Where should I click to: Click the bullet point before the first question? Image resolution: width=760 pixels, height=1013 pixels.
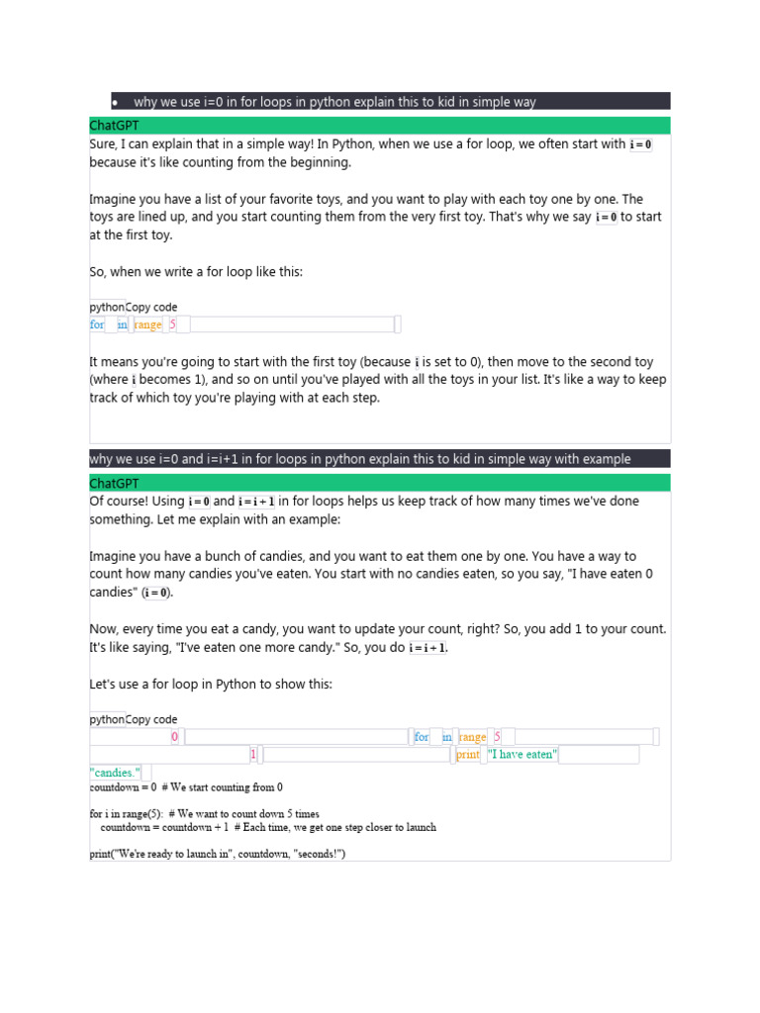[x=116, y=102]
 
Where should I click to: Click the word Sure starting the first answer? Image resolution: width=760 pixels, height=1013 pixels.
[x=103, y=144]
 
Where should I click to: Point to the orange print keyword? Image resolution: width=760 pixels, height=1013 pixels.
[x=468, y=755]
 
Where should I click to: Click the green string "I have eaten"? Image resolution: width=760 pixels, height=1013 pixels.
[x=522, y=755]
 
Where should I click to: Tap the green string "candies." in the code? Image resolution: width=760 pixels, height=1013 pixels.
[x=115, y=773]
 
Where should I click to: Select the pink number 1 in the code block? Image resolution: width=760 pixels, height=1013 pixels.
[x=253, y=755]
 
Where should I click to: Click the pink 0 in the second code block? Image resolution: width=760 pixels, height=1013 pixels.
[x=175, y=737]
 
